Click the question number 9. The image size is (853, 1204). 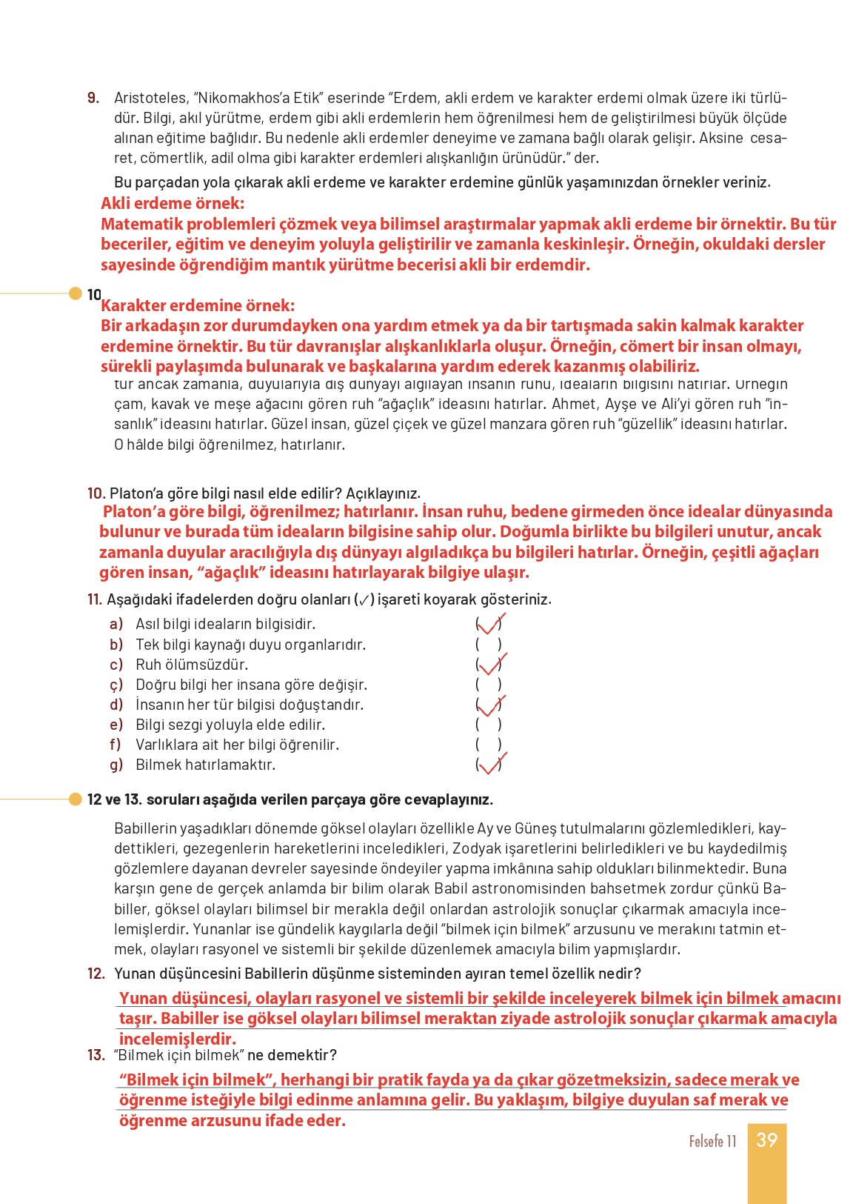(x=93, y=98)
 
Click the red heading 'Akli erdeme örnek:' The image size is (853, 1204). (x=173, y=204)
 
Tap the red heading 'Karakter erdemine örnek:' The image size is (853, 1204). (x=198, y=305)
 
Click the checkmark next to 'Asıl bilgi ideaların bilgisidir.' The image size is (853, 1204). (x=490, y=625)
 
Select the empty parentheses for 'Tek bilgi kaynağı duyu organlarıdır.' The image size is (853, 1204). (x=489, y=645)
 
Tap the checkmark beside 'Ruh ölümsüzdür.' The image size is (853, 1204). (x=490, y=665)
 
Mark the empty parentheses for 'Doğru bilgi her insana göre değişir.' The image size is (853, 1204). (x=489, y=685)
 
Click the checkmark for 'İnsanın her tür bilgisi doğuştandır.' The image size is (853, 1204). (x=490, y=705)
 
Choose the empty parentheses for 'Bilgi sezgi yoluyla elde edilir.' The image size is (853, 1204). (x=489, y=725)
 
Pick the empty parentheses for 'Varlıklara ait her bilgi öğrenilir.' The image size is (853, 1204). (x=489, y=745)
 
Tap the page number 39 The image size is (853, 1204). (x=766, y=1140)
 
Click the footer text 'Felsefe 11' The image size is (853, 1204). (x=712, y=1141)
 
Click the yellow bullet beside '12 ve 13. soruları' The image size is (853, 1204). (x=75, y=799)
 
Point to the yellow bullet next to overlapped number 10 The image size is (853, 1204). (x=75, y=293)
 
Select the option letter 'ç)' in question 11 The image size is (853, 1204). (x=116, y=685)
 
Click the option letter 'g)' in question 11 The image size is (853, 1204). (x=116, y=765)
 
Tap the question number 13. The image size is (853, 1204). (x=96, y=1055)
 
